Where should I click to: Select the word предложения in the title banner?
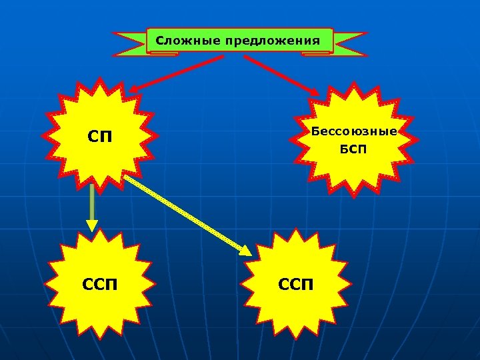(x=272, y=41)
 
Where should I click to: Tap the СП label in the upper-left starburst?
(x=100, y=137)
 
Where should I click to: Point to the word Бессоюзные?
(x=354, y=131)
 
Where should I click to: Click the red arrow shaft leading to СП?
(x=180, y=73)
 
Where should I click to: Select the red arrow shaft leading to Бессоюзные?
(x=280, y=73)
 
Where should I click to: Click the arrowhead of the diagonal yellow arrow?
(x=245, y=251)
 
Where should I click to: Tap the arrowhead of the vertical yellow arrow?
(x=92, y=227)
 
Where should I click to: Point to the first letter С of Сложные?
(x=159, y=41)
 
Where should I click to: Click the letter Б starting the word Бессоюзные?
(x=315, y=131)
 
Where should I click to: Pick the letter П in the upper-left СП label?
(x=106, y=137)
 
